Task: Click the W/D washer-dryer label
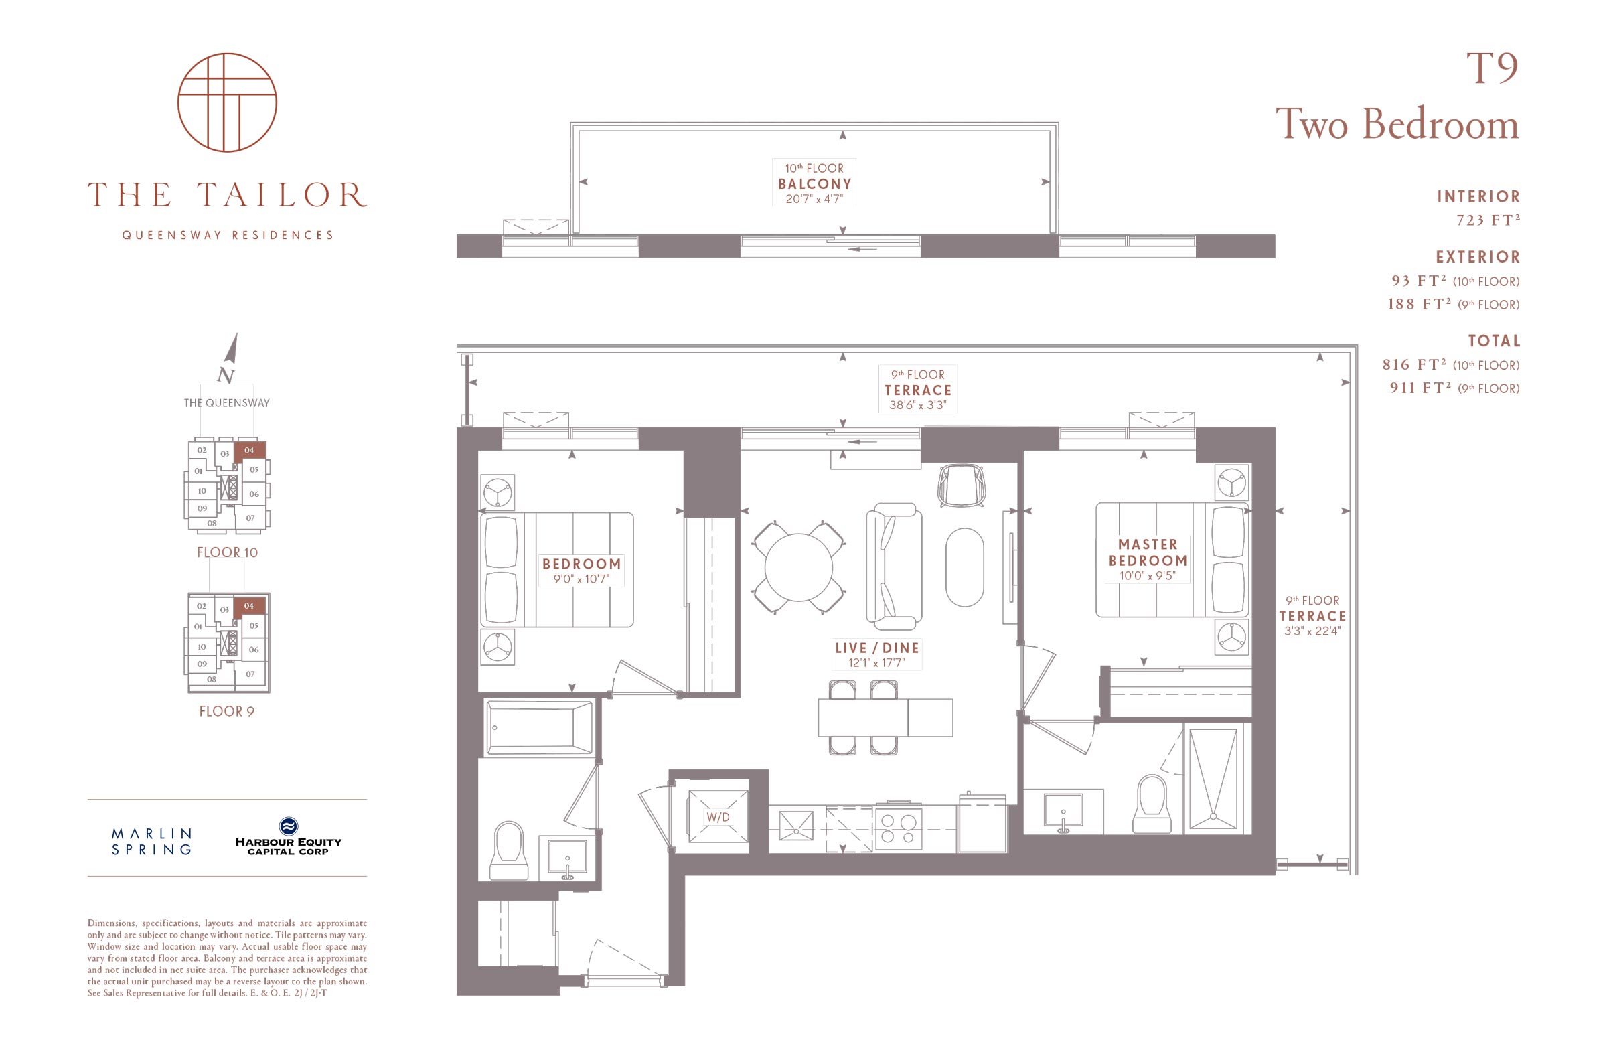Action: click(718, 817)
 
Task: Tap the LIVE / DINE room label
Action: click(877, 648)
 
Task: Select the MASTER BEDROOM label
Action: click(1148, 552)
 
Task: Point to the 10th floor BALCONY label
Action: click(815, 183)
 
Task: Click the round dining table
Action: click(799, 567)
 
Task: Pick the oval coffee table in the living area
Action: click(964, 567)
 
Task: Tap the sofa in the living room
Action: click(894, 566)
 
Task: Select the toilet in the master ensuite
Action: click(1151, 804)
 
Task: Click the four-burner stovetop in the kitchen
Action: click(899, 829)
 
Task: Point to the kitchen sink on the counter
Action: click(796, 826)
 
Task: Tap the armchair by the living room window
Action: click(962, 485)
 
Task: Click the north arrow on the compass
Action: click(231, 348)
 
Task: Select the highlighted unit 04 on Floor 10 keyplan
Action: click(250, 451)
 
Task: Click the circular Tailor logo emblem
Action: click(227, 102)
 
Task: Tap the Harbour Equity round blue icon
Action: click(289, 826)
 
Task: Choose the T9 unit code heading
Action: click(1492, 68)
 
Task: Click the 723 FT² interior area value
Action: click(1488, 220)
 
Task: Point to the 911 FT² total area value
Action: click(1420, 388)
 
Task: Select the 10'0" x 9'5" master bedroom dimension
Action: click(1147, 576)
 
